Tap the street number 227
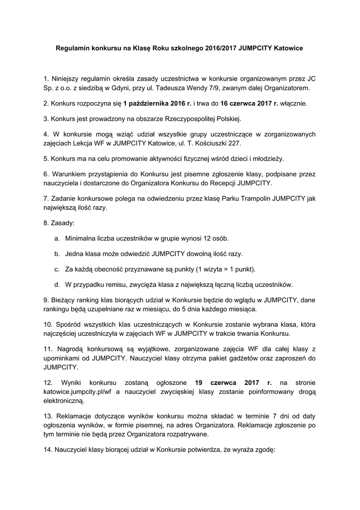[x=233, y=143]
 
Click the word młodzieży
[x=268, y=159]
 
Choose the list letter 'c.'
[x=57, y=269]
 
